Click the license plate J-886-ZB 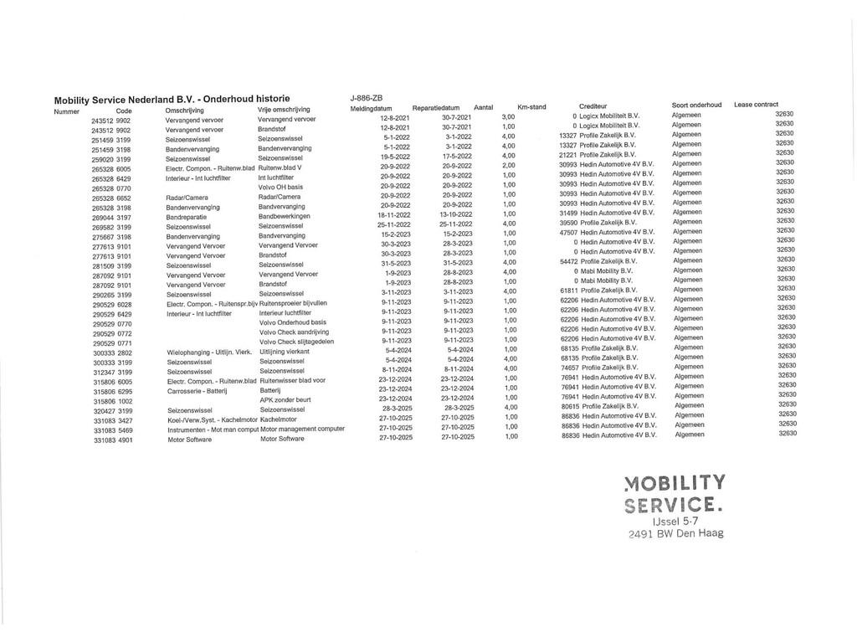click(366, 98)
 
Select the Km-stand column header click(531, 107)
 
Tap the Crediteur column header click(593, 106)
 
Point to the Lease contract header click(756, 105)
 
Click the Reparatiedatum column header click(436, 108)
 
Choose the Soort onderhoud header click(696, 105)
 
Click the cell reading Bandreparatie click(187, 217)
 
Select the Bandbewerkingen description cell click(284, 216)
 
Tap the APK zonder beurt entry click(285, 399)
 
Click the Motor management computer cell click(302, 428)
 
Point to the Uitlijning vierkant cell click(285, 352)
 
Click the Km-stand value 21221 click(568, 155)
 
